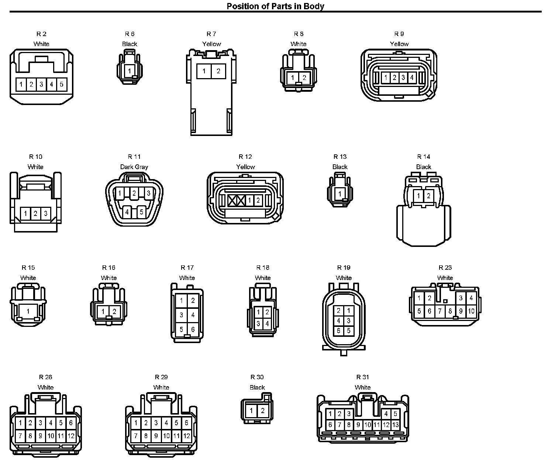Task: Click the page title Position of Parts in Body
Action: coord(275,6)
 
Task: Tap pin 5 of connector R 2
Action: coord(61,84)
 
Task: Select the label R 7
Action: coord(211,34)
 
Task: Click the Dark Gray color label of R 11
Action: coord(134,167)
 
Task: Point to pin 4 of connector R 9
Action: coord(412,78)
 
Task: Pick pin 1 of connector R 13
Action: coord(340,193)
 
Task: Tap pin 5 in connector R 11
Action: coord(141,212)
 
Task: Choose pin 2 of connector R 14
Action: coord(428,196)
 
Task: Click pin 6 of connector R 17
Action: coord(193,329)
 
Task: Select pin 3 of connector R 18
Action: coord(258,324)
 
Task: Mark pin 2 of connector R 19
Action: coord(338,311)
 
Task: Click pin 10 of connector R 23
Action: coord(471,311)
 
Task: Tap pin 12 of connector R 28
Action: coord(71,436)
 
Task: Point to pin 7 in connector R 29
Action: coord(136,436)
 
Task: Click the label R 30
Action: coord(257,377)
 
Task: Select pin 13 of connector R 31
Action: coord(395,425)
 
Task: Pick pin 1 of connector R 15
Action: coord(28,312)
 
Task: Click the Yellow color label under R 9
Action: coord(399,44)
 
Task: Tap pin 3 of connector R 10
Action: coord(45,213)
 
